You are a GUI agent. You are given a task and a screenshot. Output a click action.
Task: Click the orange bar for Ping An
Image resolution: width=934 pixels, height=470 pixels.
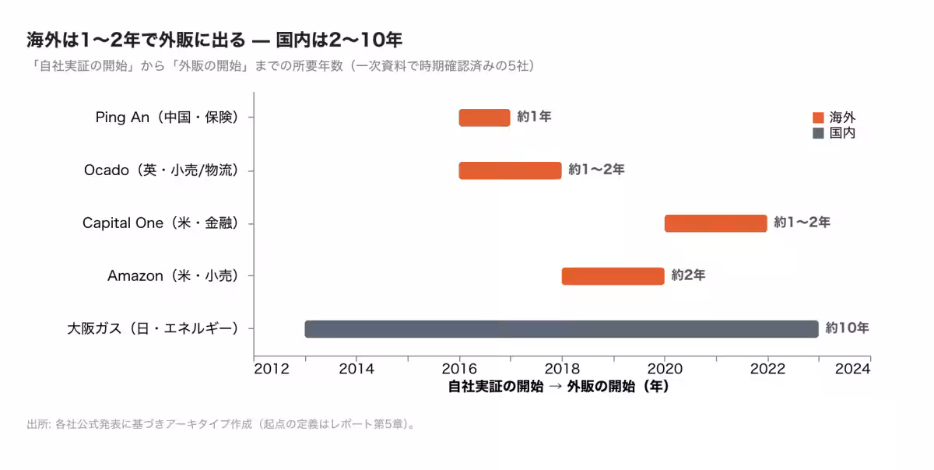click(484, 117)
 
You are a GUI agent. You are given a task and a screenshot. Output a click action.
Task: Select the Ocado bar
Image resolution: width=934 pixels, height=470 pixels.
click(511, 170)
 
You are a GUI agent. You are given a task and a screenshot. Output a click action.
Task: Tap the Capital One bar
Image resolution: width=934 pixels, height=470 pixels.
click(716, 223)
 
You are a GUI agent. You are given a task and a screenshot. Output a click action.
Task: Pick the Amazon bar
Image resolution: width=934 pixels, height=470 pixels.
click(613, 276)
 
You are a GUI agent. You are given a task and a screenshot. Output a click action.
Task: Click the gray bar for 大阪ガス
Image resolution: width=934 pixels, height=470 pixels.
click(562, 329)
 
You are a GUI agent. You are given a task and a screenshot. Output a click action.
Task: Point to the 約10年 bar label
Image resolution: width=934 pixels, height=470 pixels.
click(848, 328)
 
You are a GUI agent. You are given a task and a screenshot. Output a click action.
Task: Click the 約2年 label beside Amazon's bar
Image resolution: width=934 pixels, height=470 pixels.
click(688, 275)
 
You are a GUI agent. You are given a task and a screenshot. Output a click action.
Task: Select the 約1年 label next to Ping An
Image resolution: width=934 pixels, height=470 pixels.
click(534, 117)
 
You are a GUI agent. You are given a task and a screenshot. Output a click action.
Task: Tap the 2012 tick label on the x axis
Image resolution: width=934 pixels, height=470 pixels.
click(272, 369)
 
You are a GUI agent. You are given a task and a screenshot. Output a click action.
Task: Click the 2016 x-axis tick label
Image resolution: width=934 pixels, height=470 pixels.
click(459, 369)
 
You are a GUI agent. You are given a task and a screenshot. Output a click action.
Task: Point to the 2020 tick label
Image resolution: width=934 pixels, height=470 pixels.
click(665, 369)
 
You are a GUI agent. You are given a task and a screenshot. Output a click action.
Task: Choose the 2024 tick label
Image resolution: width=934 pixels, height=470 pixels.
click(853, 369)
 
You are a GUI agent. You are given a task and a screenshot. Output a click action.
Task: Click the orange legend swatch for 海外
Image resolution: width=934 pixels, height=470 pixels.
click(819, 117)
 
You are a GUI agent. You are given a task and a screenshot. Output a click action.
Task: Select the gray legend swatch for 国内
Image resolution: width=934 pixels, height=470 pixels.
click(819, 133)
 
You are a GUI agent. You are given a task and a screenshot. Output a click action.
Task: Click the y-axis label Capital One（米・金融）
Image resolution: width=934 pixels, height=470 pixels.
click(161, 223)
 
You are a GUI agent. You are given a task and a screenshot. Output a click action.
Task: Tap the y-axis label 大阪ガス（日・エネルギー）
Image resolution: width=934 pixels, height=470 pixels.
click(153, 328)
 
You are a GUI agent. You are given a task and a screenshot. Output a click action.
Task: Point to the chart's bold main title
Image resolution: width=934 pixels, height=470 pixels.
click(214, 40)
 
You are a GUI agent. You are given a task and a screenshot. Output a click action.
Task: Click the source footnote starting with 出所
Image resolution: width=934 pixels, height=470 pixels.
click(221, 425)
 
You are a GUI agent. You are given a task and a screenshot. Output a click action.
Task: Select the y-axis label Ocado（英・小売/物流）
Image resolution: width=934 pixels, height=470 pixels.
click(162, 170)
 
